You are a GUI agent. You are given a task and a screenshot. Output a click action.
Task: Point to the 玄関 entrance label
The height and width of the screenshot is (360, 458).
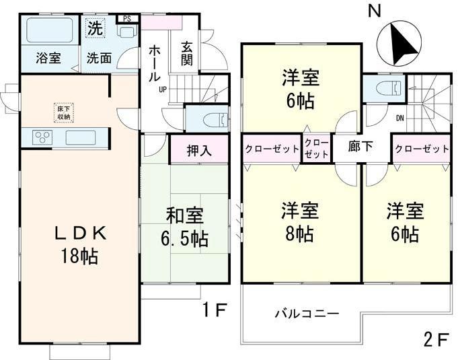(186, 53)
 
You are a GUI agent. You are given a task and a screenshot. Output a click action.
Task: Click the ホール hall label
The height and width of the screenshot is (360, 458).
(155, 63)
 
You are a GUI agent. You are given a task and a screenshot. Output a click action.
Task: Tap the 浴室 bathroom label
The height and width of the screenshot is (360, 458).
(48, 58)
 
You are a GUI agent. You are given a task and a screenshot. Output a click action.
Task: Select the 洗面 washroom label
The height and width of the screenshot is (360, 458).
(99, 58)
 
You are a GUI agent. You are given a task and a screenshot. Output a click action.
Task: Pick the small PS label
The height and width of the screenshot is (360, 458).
(126, 18)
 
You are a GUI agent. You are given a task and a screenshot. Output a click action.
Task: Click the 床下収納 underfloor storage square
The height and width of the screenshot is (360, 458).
(65, 111)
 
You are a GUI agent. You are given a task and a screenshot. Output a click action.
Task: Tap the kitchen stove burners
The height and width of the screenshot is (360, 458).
(42, 138)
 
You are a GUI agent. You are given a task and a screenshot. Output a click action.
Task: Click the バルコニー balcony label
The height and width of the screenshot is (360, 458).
(307, 314)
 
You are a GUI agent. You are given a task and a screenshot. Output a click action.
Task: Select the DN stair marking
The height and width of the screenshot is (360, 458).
(399, 118)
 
